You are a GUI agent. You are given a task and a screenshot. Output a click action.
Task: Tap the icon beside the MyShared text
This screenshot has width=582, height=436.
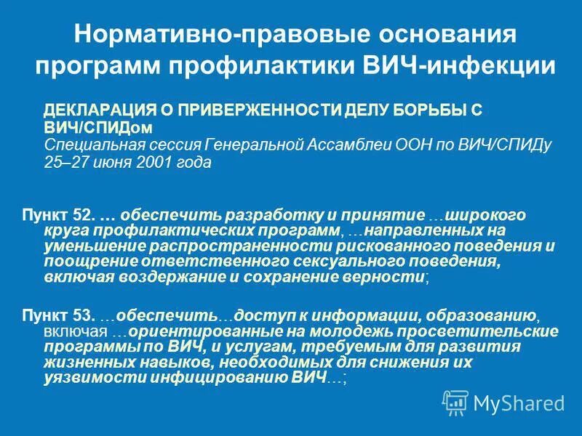455,401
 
